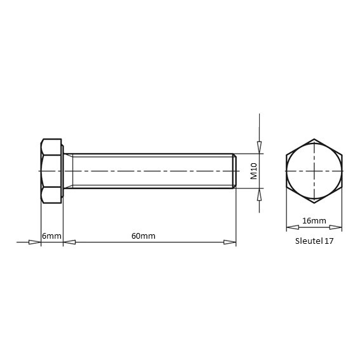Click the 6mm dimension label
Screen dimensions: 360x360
coord(51,236)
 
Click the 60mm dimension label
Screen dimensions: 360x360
coord(143,236)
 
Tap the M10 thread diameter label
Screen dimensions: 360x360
coord(254,171)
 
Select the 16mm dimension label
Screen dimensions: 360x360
coord(314,221)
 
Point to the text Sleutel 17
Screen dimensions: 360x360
coord(314,241)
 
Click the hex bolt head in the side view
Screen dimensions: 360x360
coord(51,171)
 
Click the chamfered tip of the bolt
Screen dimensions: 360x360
coord(235,171)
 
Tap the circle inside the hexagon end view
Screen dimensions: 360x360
coord(314,143)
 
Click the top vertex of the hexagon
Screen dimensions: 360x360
coord(314,139)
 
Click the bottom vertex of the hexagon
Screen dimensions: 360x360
coord(314,203)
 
